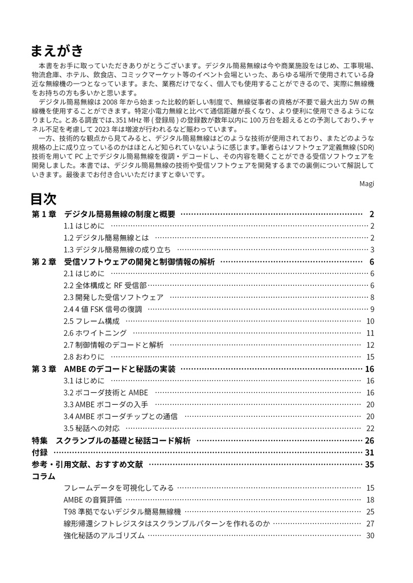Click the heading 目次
(43, 199)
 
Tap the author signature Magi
(366, 183)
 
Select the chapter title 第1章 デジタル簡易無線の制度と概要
(103, 215)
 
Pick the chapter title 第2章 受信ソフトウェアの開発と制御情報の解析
(123, 262)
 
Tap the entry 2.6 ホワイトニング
(95, 333)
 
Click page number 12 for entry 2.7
(370, 345)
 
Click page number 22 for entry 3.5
(370, 429)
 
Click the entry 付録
(39, 453)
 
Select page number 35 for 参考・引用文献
(369, 465)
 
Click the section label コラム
(43, 476)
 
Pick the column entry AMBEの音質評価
(92, 500)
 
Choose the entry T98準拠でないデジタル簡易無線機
(122, 512)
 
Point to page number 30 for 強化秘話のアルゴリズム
(370, 536)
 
